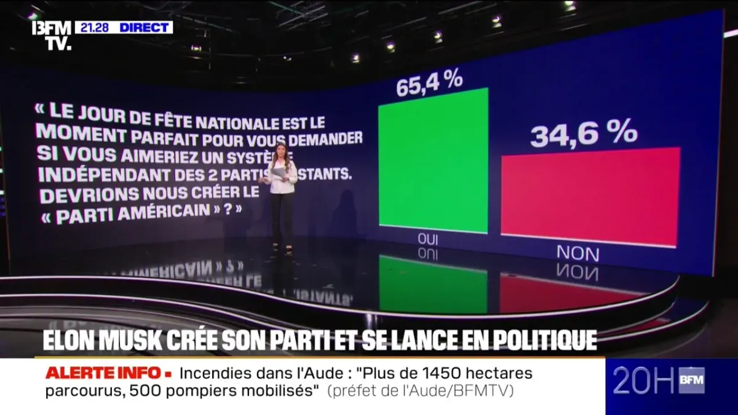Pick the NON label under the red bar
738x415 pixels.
coord(577,252)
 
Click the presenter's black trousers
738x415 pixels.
coord(282,218)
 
